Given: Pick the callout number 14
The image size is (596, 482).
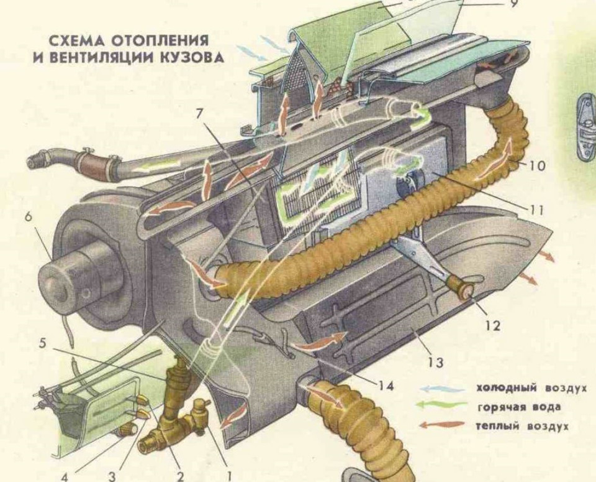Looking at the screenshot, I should tap(386, 386).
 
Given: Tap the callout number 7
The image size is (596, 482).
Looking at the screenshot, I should tap(199, 114).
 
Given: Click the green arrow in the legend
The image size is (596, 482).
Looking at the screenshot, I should tap(442, 406).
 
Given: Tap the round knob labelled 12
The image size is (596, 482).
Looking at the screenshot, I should tap(464, 289).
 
